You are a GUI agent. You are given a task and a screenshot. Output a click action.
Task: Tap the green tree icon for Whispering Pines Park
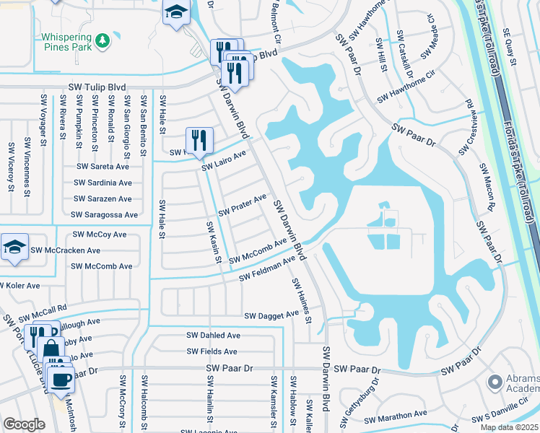103,38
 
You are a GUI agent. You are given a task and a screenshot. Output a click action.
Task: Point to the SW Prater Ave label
243,204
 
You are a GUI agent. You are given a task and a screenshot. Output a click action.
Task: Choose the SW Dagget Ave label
271,315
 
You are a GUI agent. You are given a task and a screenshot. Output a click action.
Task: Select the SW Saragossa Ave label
104,215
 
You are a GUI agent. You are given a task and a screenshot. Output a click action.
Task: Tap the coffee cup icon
61,377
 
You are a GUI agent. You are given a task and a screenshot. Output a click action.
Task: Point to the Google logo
24,424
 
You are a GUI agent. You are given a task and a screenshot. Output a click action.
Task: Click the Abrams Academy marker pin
495,380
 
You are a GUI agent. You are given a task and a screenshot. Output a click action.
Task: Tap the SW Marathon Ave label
396,417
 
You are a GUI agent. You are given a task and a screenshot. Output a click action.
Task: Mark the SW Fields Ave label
212,351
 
